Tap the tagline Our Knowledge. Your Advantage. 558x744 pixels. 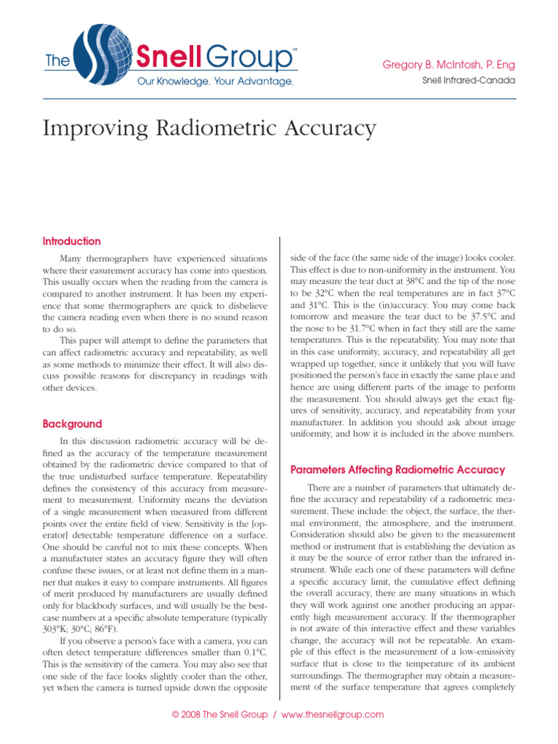tap(216, 81)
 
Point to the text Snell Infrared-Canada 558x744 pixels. tap(468, 81)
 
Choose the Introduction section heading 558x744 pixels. tap(72, 241)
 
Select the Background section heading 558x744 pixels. tap(72, 424)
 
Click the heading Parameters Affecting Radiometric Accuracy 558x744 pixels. tap(397, 470)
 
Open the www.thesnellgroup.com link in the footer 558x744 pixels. tap(332, 715)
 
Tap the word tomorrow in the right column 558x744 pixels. tap(314, 316)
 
